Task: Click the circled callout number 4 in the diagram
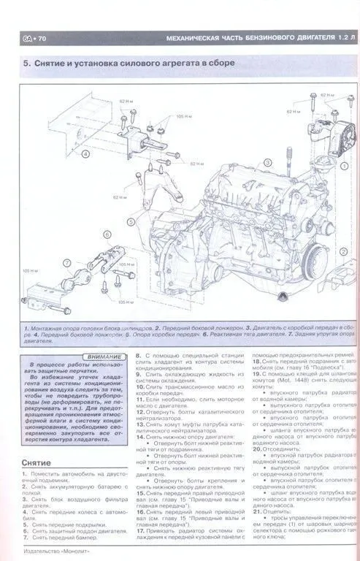(x=86, y=154)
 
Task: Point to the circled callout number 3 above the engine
(x=268, y=161)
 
